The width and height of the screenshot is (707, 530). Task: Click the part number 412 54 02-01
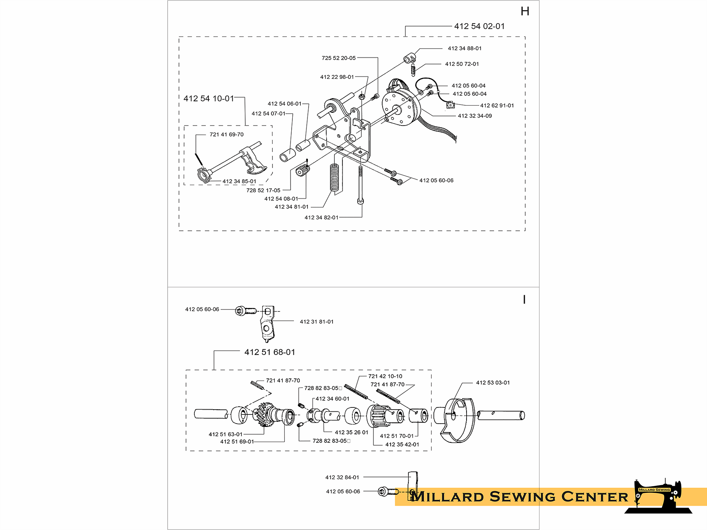(479, 26)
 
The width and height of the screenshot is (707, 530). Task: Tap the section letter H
(525, 11)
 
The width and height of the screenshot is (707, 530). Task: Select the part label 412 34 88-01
(465, 48)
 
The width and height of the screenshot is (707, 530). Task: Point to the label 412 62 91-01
(497, 105)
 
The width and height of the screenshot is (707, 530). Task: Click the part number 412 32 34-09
(475, 116)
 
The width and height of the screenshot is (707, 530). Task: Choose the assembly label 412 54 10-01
(209, 99)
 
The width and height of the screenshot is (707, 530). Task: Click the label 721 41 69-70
(226, 134)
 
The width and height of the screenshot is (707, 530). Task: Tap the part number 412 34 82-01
(321, 218)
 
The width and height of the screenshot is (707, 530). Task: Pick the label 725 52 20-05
(339, 58)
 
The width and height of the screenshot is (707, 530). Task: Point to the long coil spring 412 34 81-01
(334, 177)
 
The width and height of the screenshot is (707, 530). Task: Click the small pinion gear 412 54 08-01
(302, 170)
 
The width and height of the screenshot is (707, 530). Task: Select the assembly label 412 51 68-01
(270, 352)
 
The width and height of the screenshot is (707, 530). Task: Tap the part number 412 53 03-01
(493, 382)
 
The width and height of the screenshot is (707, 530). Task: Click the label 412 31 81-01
(317, 322)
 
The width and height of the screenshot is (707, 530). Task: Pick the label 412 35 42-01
(402, 444)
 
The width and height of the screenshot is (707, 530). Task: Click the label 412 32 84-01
(342, 477)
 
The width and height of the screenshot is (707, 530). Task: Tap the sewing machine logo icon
(658, 497)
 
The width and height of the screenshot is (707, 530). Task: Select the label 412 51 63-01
(226, 434)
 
